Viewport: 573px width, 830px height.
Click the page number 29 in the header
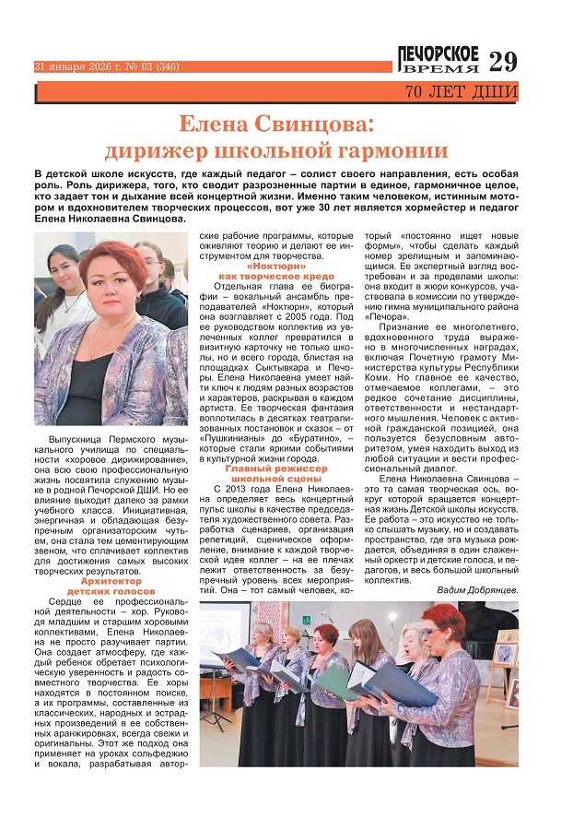pos(503,62)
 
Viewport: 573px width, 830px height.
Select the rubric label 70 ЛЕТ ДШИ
pos(461,92)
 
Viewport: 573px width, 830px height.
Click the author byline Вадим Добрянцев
pos(476,589)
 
